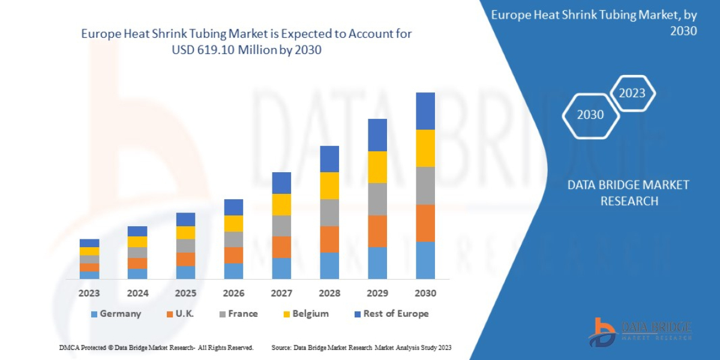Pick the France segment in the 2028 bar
329,212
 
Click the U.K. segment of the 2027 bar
281,247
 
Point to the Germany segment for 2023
89,275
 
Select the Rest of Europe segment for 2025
185,219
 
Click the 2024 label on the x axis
137,293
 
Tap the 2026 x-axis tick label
233,293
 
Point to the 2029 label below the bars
377,293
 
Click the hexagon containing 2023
632,93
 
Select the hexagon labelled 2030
590,115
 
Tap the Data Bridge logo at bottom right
640,332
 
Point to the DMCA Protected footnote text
156,347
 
